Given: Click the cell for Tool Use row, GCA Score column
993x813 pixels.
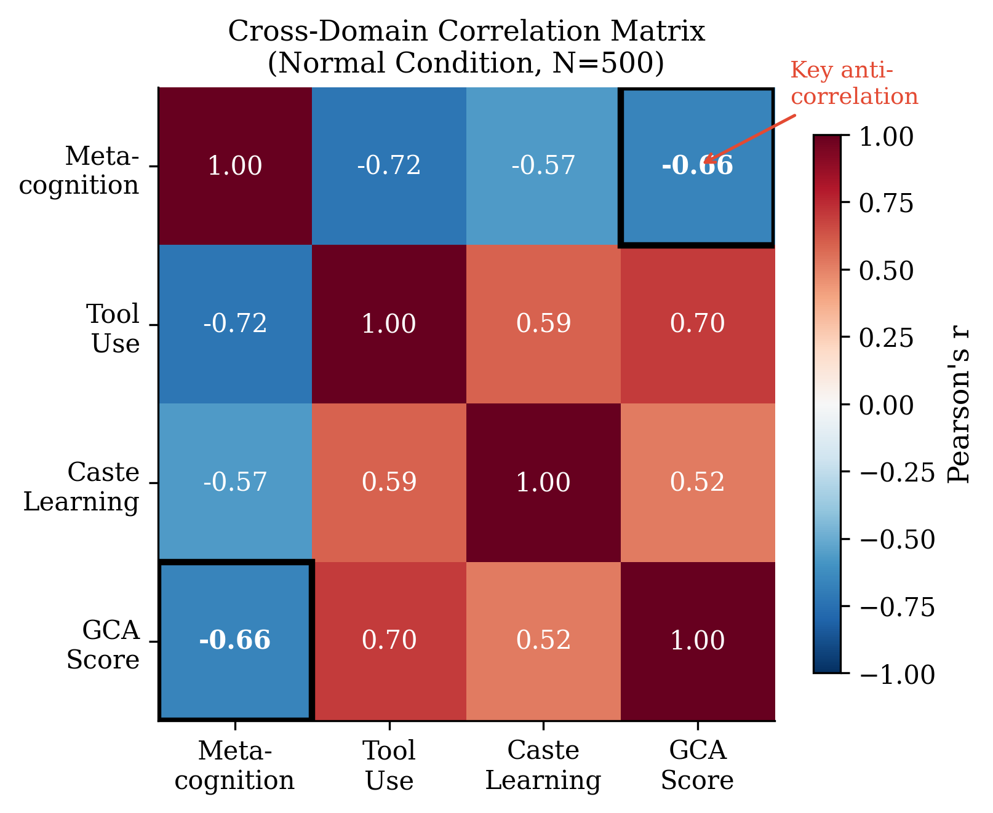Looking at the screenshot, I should (697, 324).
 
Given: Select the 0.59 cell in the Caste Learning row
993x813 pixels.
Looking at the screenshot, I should (389, 482).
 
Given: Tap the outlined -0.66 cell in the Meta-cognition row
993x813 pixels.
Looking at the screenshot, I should (697, 166).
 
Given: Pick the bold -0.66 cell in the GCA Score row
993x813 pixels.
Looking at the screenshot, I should (235, 641).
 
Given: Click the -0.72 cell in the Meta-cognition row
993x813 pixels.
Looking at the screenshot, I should (389, 166).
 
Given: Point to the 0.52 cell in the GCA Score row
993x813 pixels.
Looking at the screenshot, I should (543, 641).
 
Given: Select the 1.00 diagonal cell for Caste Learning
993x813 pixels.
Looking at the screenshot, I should (543, 482).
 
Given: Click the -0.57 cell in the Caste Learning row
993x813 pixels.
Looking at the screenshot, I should (235, 482).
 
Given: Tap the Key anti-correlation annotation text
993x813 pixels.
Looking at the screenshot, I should (853, 84).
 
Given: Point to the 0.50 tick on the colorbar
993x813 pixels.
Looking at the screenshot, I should (886, 271).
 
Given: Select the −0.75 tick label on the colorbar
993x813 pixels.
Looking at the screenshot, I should (896, 607).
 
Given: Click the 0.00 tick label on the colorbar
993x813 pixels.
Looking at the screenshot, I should (886, 405).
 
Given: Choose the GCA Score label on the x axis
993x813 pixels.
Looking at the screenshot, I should (697, 766).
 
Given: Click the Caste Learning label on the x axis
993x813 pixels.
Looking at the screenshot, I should (543, 766).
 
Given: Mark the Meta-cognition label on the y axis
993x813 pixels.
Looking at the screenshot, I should (80, 170).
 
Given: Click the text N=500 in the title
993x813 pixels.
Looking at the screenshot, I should (602, 63).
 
